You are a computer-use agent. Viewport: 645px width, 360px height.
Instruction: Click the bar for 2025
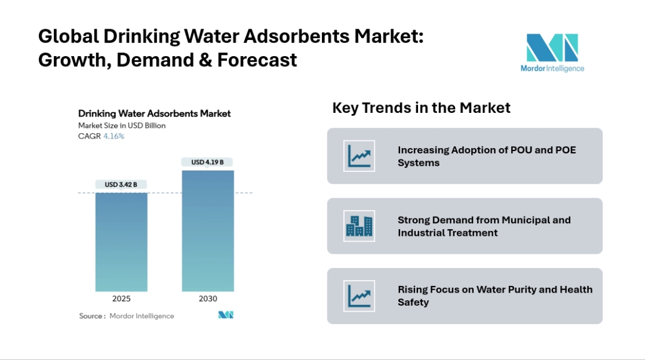pyautogui.click(x=121, y=242)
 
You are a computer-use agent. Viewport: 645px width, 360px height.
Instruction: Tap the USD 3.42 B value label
pyautogui.click(x=121, y=184)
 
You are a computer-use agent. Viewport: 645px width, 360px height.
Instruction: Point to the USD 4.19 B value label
pyautogui.click(x=207, y=162)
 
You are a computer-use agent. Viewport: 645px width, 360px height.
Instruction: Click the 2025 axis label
pyautogui.click(x=121, y=299)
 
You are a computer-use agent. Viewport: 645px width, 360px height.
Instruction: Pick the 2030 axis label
pyautogui.click(x=208, y=299)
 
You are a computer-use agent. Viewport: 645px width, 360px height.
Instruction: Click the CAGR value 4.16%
pyautogui.click(x=113, y=136)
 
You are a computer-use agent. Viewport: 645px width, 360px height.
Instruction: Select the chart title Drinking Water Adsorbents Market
pyautogui.click(x=154, y=113)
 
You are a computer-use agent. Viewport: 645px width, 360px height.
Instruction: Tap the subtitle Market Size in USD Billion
pyautogui.click(x=122, y=125)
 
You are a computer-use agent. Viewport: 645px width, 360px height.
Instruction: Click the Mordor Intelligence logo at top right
pyautogui.click(x=552, y=53)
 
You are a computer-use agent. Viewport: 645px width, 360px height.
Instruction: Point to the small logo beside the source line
pyautogui.click(x=225, y=315)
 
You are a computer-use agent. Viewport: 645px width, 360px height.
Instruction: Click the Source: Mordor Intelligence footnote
pyautogui.click(x=127, y=316)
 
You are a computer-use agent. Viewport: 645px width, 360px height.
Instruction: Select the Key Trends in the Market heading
pyautogui.click(x=421, y=108)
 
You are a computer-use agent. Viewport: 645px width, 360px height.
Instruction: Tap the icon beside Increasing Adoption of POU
pyautogui.click(x=359, y=156)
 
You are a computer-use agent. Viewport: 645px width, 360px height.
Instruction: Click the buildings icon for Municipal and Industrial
pyautogui.click(x=359, y=226)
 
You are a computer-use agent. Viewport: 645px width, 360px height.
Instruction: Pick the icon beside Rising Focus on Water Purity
pyautogui.click(x=359, y=296)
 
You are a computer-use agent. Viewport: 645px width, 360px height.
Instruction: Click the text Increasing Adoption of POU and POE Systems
pyautogui.click(x=487, y=156)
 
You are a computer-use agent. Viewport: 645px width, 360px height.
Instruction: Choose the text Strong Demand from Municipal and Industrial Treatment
pyautogui.click(x=484, y=226)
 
